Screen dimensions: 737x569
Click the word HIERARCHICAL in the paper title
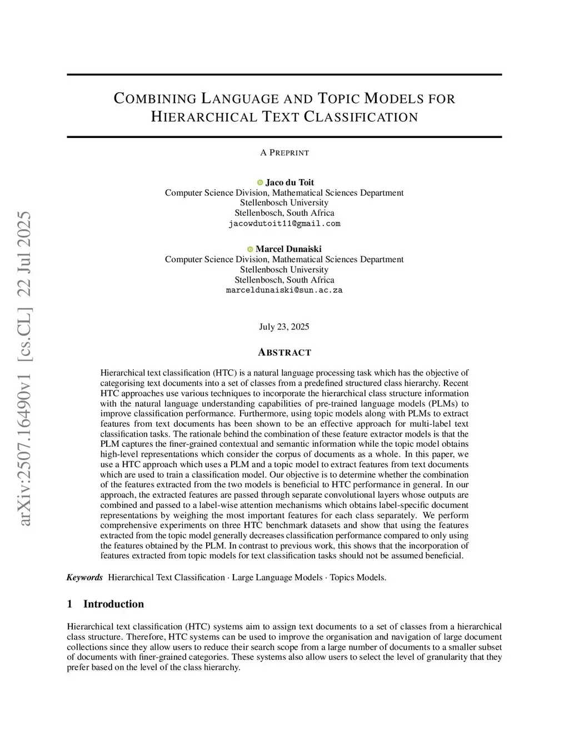[202, 117]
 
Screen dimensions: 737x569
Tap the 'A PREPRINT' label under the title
[284, 152]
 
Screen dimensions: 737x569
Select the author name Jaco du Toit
[290, 182]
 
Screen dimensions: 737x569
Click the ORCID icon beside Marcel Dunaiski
[250, 249]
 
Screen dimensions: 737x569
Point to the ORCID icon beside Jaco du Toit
[260, 182]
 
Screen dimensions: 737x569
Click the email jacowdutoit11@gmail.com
[284, 224]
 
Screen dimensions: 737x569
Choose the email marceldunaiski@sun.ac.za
[284, 290]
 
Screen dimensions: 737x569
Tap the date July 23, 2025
[284, 327]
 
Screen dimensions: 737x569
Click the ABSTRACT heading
[284, 353]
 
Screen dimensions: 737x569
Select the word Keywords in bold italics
[84, 577]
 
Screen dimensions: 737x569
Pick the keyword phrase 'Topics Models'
[357, 577]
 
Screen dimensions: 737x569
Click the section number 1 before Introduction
[69, 604]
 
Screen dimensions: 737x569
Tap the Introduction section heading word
[113, 604]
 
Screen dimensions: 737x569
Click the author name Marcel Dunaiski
[288, 249]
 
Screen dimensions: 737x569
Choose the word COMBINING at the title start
[155, 99]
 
